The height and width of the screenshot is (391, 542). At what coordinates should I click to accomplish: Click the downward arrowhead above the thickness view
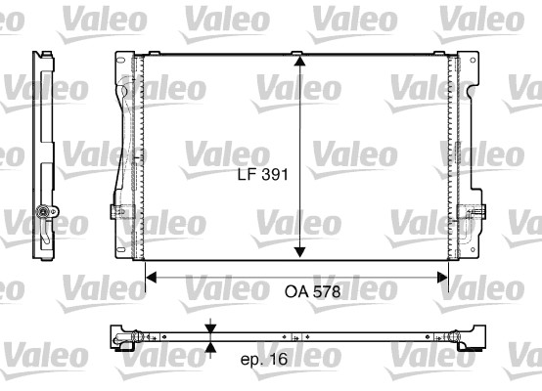click(x=211, y=326)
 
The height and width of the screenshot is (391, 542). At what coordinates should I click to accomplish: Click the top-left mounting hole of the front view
click(x=121, y=64)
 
